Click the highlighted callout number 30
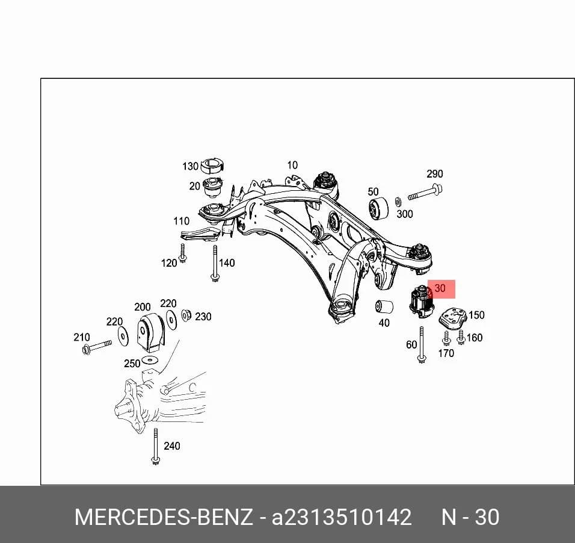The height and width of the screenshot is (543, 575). (440, 288)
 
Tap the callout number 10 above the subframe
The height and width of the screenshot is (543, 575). (292, 165)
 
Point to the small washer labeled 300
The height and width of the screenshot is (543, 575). (398, 202)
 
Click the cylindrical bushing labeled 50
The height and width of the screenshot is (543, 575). (378, 208)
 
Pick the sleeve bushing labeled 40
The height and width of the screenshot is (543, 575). (384, 307)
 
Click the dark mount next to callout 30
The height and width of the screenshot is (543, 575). (422, 302)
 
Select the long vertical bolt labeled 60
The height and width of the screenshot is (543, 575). (422, 344)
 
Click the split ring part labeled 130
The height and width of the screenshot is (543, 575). (212, 166)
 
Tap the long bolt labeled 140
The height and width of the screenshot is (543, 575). (215, 264)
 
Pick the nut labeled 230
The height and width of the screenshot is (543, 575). (186, 315)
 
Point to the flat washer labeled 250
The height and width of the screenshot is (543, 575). (150, 359)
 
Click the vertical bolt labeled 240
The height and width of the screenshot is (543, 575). (156, 447)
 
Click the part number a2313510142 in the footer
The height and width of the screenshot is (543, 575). (342, 517)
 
